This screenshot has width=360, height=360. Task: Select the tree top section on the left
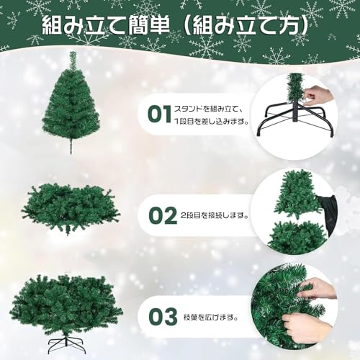[x=71, y=104]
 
